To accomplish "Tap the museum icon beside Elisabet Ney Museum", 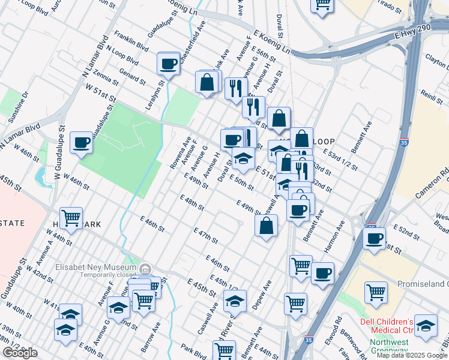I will point(146,268).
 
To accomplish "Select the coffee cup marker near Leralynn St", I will point(169,63).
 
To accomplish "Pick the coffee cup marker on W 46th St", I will point(81,143).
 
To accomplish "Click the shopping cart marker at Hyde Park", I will point(71,218).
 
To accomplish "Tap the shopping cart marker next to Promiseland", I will point(376,293).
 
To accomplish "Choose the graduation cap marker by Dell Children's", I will point(426,326).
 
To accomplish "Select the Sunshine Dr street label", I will point(17,106).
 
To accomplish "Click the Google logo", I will point(20,353).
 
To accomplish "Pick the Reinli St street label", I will point(429,96).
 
